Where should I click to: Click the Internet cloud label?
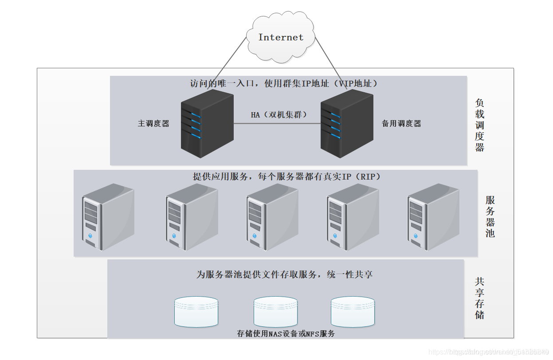[281, 37]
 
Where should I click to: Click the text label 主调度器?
[153, 124]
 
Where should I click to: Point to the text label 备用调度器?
[401, 124]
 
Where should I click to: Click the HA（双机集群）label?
[279, 115]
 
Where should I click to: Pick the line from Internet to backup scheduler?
[328, 58]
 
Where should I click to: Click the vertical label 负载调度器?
[480, 125]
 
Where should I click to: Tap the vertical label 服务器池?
[490, 216]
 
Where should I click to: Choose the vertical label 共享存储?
[479, 298]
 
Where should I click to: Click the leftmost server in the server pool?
[108, 217]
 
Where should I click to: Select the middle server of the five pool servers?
[272, 217]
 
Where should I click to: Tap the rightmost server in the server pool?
[433, 217]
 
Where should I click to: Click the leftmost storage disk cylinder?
[196, 312]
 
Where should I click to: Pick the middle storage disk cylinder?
[275, 312]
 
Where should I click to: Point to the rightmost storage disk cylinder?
[353, 312]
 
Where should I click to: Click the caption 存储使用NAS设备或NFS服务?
[286, 333]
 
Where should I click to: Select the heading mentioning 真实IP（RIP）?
[286, 176]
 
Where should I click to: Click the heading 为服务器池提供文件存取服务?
[284, 274]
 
